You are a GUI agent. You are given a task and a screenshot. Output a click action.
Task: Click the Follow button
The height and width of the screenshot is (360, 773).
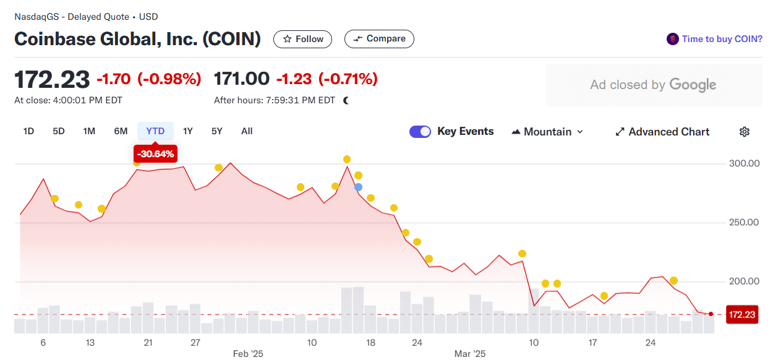tap(302, 39)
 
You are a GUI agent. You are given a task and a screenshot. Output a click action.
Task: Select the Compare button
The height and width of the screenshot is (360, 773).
tap(379, 39)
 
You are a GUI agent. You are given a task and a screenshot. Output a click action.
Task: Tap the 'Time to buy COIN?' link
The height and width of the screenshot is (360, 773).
tap(715, 39)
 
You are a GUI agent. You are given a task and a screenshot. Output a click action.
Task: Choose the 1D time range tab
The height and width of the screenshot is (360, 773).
tap(28, 131)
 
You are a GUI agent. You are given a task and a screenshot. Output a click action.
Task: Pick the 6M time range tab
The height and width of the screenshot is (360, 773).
tap(121, 131)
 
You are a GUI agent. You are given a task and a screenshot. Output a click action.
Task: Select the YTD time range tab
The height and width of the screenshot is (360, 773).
tap(155, 131)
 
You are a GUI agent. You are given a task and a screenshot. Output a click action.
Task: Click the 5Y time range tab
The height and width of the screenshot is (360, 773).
tap(216, 131)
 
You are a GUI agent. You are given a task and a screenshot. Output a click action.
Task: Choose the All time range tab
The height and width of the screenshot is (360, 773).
tap(247, 131)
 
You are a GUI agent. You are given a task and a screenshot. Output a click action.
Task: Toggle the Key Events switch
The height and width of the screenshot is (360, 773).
tap(420, 132)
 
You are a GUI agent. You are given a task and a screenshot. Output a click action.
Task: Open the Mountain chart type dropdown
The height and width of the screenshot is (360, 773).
tap(547, 132)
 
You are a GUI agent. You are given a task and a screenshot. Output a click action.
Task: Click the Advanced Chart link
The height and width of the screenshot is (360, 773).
tap(662, 132)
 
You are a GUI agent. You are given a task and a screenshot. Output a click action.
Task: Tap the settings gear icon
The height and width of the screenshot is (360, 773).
tap(745, 132)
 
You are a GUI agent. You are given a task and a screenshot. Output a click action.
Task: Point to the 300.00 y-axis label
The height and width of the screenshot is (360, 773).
tap(744, 163)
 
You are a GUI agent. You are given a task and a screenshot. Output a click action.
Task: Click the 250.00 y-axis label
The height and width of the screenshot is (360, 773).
tap(744, 222)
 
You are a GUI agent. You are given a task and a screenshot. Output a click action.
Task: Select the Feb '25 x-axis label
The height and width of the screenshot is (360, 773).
tap(248, 354)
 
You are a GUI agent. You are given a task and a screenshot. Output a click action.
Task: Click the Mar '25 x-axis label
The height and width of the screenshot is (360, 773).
tap(470, 354)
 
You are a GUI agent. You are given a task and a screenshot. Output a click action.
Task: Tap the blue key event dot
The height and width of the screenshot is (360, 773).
tap(358, 187)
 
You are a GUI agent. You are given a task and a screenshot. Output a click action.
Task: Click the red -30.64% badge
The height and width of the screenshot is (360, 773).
tap(155, 153)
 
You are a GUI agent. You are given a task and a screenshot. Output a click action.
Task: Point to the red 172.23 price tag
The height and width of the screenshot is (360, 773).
tap(742, 315)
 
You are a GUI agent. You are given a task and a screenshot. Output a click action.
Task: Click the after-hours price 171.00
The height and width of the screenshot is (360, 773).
tap(241, 79)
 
